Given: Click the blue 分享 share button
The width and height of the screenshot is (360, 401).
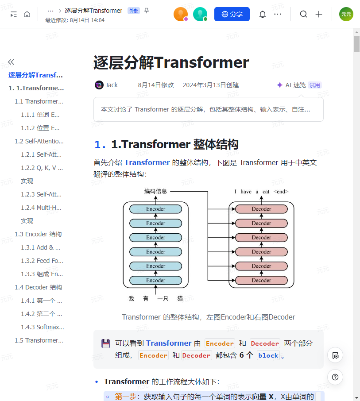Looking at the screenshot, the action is coord(232,14).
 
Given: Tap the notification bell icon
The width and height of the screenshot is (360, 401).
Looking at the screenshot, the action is coord(263,14).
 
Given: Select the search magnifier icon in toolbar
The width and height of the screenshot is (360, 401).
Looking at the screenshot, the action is coord(303,14).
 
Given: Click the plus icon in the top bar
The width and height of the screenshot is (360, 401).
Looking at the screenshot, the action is coord(319,14).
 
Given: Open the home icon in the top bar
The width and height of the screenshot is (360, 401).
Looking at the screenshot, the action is coord(27,14).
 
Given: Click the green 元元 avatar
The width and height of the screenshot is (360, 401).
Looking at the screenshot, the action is coord(346,14).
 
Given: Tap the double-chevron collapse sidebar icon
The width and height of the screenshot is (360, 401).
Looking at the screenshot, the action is coord(11,62).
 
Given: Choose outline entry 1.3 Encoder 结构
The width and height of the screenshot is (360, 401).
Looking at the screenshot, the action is coord(38,234).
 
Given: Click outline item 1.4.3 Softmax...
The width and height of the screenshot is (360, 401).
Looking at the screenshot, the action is coord(43,327).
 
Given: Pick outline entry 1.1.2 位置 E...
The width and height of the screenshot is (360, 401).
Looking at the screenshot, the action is coord(40,128).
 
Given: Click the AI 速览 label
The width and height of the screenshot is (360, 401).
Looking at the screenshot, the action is coord(295,85).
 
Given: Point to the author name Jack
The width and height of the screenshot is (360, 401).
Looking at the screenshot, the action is coord(112,85).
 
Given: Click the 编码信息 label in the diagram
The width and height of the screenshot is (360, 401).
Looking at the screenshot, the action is coord(156,191).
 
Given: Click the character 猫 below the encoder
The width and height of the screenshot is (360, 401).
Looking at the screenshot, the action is coord(180,298).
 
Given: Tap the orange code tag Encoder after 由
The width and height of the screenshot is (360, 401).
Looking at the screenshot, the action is coord(220,343).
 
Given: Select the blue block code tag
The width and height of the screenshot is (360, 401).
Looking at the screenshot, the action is coord(268,355).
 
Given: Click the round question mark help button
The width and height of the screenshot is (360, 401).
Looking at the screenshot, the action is coord(335,377).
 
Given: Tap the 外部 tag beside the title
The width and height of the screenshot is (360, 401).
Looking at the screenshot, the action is coord(133,11).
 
